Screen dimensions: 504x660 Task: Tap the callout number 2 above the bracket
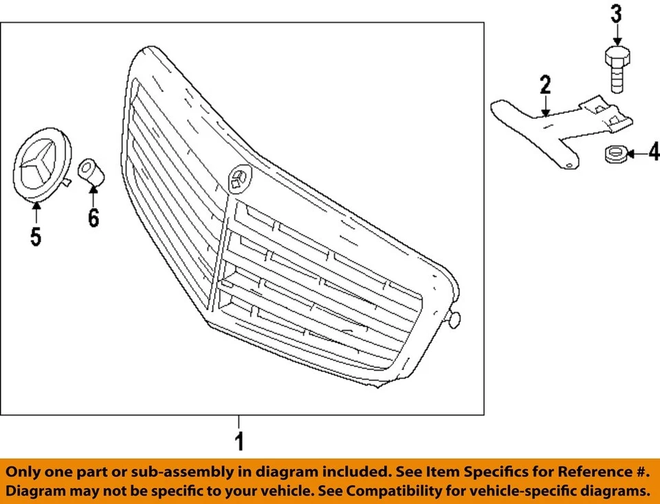coord(544,85)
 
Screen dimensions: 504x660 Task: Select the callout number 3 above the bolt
coord(616,13)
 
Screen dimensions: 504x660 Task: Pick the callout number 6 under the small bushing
coord(93,218)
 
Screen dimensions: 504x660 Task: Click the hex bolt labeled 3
coord(616,69)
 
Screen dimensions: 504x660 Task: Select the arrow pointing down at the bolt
coord(616,33)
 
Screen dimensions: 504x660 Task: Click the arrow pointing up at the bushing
coord(93,196)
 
